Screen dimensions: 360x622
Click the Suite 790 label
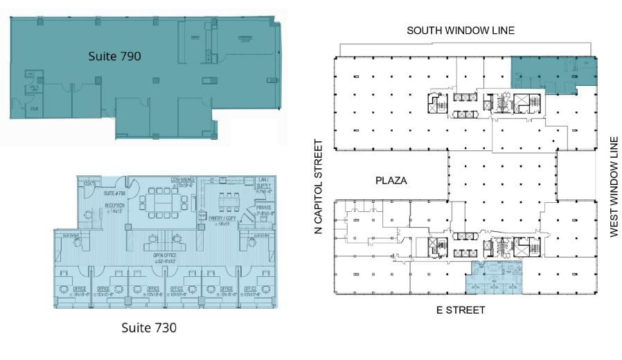pos(114,57)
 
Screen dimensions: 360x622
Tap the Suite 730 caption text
pos(149,327)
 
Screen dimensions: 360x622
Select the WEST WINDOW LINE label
pos(613,187)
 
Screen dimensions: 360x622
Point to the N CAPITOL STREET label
pos(319,187)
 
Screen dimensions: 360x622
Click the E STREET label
pos(460,309)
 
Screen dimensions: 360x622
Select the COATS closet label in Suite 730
pos(89,183)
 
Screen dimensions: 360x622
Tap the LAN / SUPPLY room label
pos(262,183)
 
